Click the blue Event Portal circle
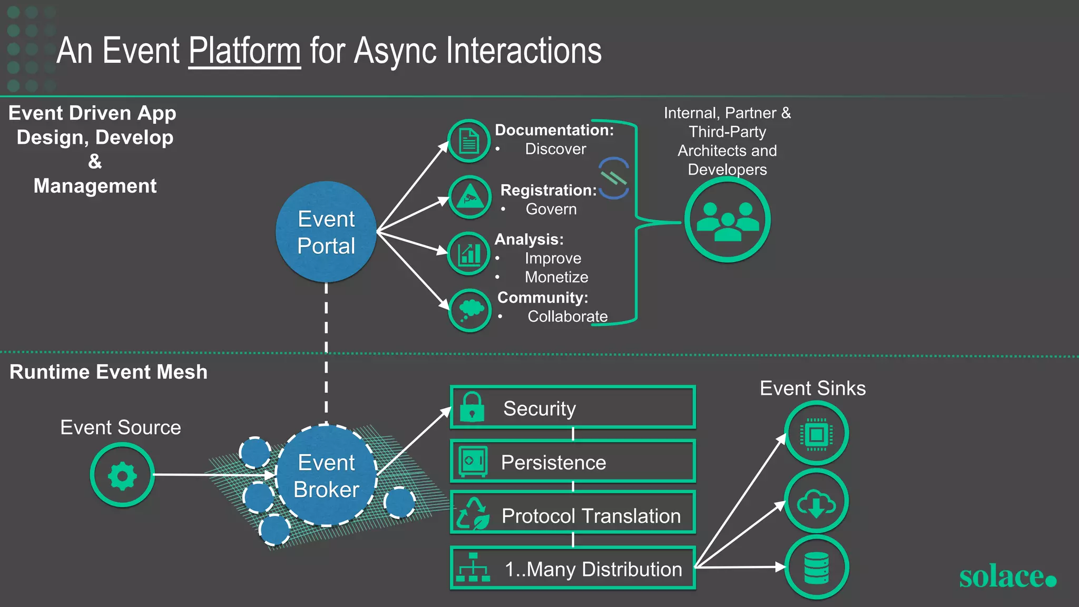pyautogui.click(x=326, y=232)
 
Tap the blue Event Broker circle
pyautogui.click(x=326, y=475)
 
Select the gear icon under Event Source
pyautogui.click(x=122, y=475)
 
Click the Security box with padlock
pyautogui.click(x=573, y=408)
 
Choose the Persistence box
pyautogui.click(x=573, y=462)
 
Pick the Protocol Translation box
pyautogui.click(x=573, y=515)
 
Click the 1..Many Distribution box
pyautogui.click(x=573, y=569)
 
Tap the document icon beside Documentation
pyautogui.click(x=469, y=141)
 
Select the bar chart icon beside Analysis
pyautogui.click(x=469, y=253)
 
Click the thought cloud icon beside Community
pyautogui.click(x=470, y=310)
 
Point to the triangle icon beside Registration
pyautogui.click(x=469, y=198)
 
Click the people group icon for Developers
pyautogui.click(x=727, y=220)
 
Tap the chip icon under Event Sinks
pyautogui.click(x=816, y=433)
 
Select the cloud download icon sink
pyautogui.click(x=816, y=502)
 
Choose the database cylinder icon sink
pyautogui.click(x=816, y=567)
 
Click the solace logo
pyautogui.click(x=1007, y=576)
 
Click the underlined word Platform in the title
pyautogui.click(x=244, y=52)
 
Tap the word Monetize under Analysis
pyautogui.click(x=556, y=277)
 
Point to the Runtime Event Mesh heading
pyautogui.click(x=109, y=372)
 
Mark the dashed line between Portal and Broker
pyautogui.click(x=326, y=353)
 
